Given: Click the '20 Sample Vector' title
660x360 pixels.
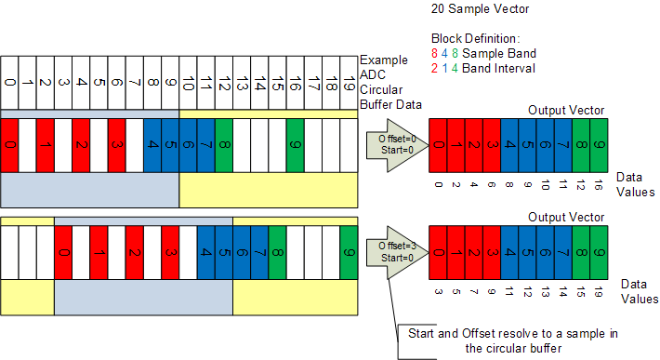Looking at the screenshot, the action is [480, 9].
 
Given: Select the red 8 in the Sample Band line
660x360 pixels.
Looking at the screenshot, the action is [434, 53].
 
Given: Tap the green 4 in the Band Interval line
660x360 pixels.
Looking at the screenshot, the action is [455, 68].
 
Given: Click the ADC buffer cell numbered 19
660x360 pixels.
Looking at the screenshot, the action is [349, 83].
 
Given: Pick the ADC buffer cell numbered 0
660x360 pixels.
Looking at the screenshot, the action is [9, 83].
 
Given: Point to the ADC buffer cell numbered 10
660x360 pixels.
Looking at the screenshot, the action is [188, 83].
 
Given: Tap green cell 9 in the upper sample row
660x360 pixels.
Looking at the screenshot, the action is [296, 145].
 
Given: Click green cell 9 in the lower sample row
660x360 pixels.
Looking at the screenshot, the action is [349, 253].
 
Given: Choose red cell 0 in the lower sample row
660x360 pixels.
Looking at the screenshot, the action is [63, 253].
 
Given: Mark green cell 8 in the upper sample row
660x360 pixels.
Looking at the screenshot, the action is [224, 145].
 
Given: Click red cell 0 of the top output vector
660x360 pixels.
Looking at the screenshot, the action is [438, 145].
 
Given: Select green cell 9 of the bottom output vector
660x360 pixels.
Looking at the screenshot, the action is [599, 253].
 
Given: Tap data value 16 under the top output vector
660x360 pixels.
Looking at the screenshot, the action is [599, 185].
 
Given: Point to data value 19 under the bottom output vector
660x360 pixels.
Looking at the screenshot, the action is [599, 292].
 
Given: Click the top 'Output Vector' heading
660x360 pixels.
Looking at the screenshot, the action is [566, 111].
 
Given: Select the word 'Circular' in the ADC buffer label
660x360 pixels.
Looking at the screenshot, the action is [381, 89].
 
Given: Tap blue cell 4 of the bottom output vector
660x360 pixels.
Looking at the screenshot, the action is [509, 253].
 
